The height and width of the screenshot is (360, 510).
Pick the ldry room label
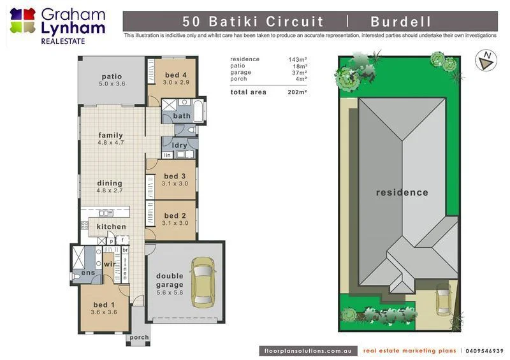[x=180, y=145]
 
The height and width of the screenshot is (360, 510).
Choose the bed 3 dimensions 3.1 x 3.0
[x=174, y=184]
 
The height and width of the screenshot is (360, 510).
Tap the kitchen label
[x=112, y=227]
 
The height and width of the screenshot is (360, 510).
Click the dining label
[x=110, y=184]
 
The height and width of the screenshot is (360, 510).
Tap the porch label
[x=139, y=338]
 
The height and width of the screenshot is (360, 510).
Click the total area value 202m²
[x=298, y=92]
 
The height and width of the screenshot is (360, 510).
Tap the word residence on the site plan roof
[x=402, y=192]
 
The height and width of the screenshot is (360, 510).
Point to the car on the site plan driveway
[x=444, y=299]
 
